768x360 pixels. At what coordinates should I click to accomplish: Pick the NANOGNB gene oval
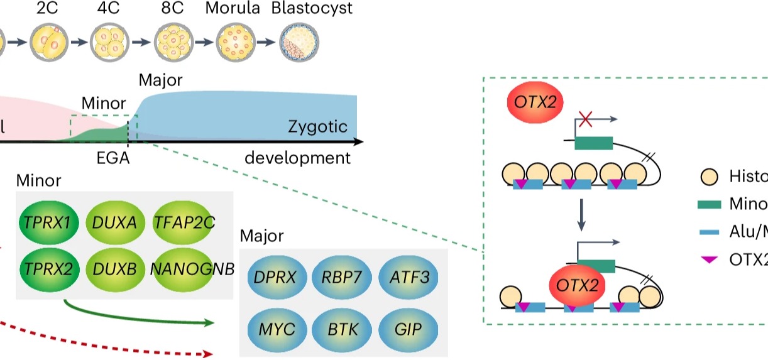pos(192,269)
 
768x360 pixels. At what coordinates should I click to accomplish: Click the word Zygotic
pos(318,127)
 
